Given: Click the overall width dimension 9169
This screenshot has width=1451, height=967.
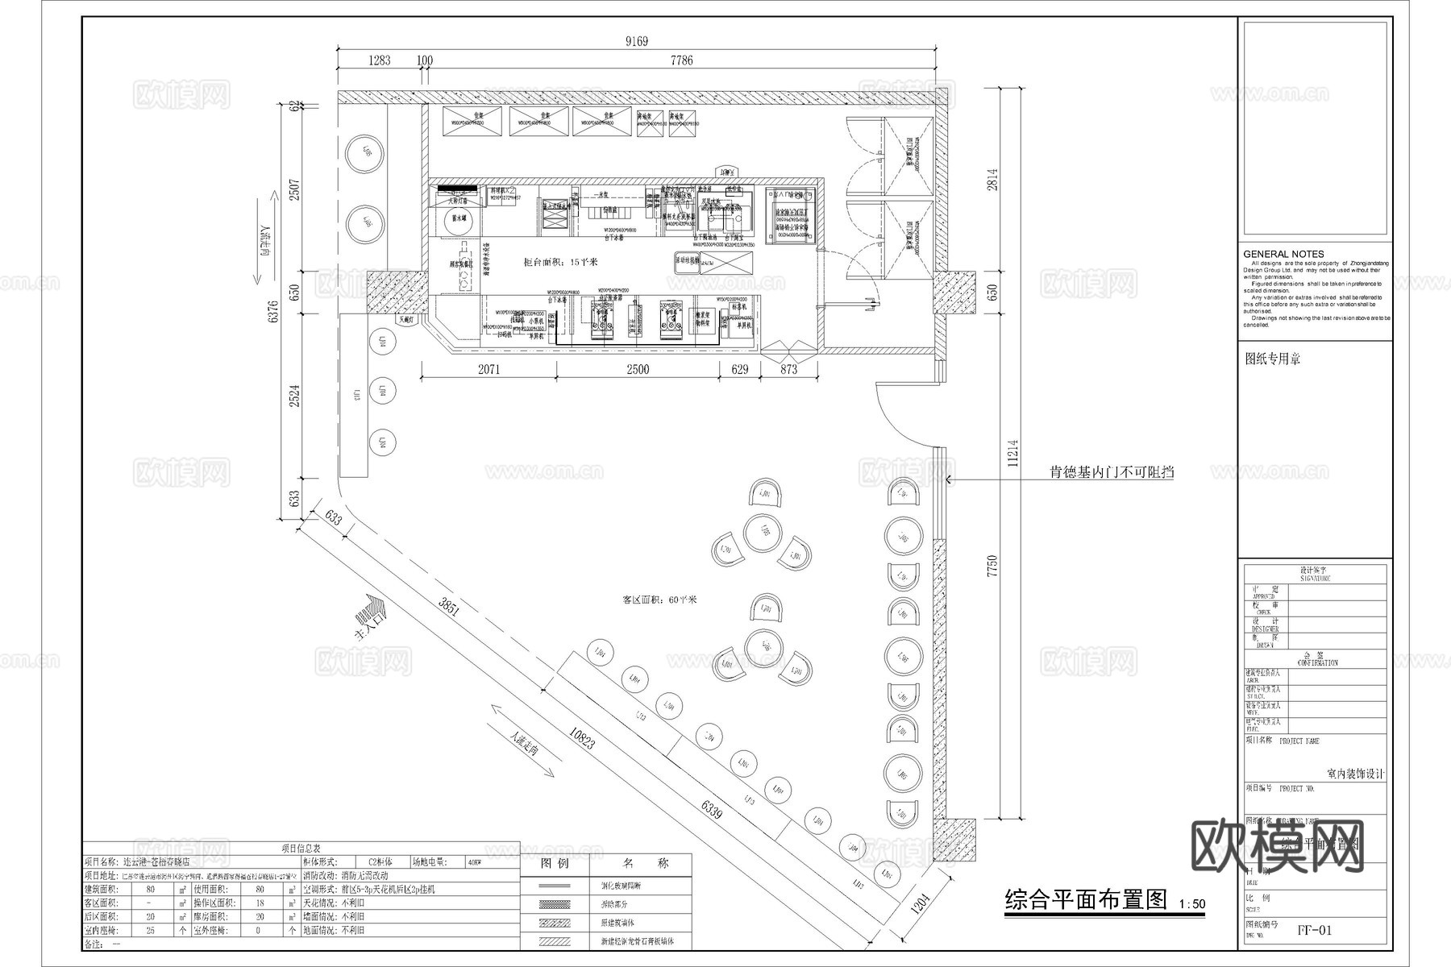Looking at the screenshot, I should (x=636, y=41).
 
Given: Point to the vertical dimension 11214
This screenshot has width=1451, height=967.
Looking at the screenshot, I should (x=1012, y=453).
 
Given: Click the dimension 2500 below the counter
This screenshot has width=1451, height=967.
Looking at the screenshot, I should (x=637, y=369).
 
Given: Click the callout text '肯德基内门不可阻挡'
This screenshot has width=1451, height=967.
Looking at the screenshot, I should (x=1111, y=473).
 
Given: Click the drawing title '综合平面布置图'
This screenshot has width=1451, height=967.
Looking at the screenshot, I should (x=1085, y=899).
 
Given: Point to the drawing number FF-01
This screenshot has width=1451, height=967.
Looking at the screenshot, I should (x=1314, y=930).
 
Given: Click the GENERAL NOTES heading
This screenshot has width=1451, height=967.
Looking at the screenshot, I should (x=1283, y=254).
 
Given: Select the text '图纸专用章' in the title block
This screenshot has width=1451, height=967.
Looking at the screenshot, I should (x=1272, y=359).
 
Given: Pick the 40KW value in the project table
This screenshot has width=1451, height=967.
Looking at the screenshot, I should (x=476, y=861).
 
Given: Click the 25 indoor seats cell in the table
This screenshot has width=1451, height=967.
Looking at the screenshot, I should (x=151, y=930).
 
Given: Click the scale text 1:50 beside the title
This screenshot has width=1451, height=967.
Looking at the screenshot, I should (x=1191, y=904).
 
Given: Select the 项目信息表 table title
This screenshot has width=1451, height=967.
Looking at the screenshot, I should (x=301, y=849).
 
